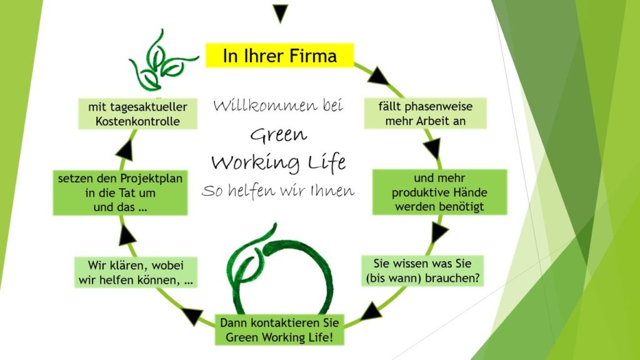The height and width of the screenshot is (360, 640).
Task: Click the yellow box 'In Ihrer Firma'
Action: [279, 56]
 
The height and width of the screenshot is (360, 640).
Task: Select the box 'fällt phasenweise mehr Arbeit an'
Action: [425, 114]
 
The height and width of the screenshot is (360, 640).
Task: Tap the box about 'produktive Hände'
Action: [440, 192]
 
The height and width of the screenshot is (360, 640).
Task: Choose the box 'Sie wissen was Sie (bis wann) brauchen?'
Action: [422, 270]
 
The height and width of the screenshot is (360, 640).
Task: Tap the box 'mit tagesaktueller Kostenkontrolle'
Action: [137, 114]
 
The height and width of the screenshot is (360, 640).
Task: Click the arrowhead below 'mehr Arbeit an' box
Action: [432, 148]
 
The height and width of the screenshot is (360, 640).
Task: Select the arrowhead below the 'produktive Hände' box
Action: [439, 232]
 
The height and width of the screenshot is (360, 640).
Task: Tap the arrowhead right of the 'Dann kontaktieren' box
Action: [372, 311]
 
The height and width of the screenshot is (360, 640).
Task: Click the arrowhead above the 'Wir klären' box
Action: [127, 234]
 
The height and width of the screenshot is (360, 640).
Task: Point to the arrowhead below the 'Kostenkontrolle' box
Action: [126, 150]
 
